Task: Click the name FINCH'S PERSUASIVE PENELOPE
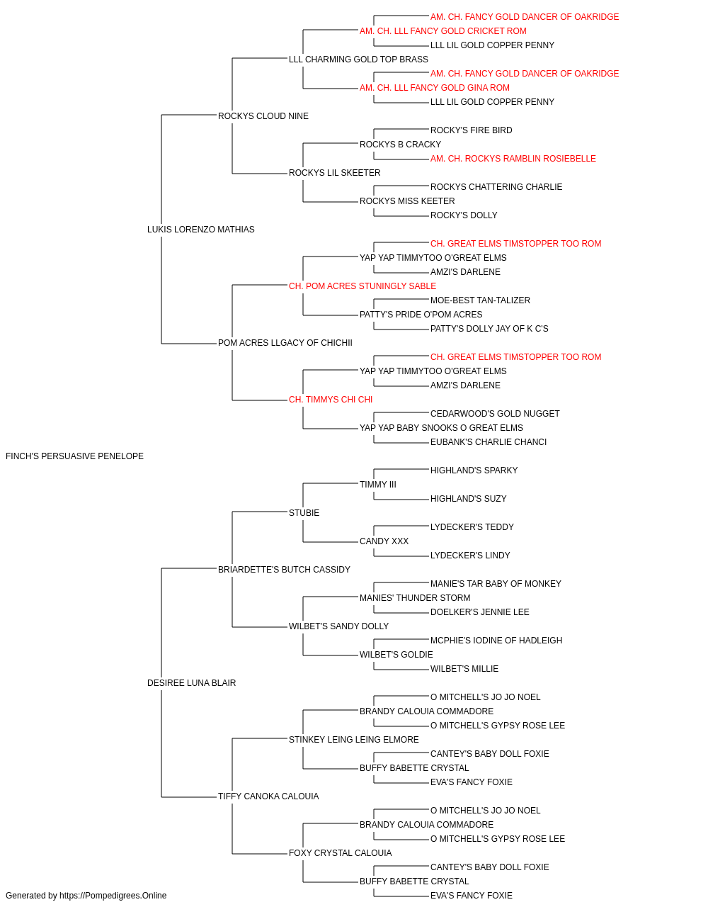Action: coord(74,456)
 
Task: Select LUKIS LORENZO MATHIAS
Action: coord(200,230)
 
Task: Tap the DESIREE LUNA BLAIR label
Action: coord(191,683)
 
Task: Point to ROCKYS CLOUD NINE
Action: coord(263,116)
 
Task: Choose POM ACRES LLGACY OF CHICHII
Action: coord(285,343)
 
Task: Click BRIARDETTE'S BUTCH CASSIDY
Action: coord(284,569)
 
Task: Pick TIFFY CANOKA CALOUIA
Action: coord(268,796)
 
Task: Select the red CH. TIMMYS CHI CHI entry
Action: coord(330,400)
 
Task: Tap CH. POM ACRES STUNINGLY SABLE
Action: coord(362,286)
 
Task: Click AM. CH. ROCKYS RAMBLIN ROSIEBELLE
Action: coord(513,159)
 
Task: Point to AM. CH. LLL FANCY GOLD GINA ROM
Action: coord(435,88)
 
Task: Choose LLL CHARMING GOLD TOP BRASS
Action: coord(358,60)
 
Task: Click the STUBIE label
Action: coord(304,512)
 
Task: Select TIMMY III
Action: coord(378,484)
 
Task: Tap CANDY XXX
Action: coord(384,541)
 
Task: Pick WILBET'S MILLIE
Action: coord(464,669)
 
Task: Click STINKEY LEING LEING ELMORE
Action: coord(353,740)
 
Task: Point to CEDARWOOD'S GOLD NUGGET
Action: coord(495,414)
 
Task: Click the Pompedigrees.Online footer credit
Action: coord(86,896)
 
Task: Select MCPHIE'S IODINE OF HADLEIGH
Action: coord(496,641)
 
